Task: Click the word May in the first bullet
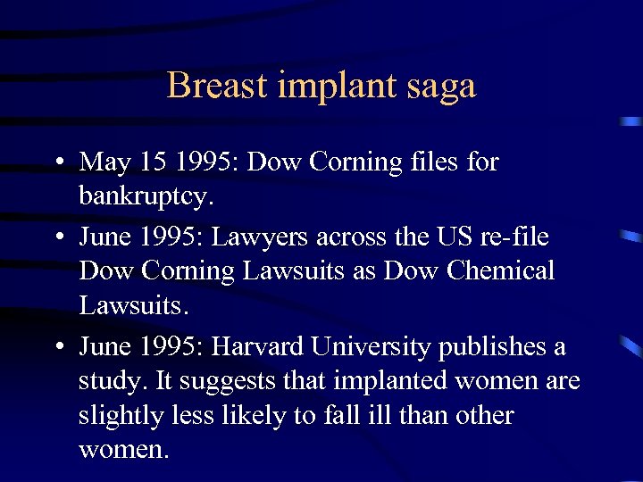tap(104, 163)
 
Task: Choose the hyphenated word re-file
tap(516, 237)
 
